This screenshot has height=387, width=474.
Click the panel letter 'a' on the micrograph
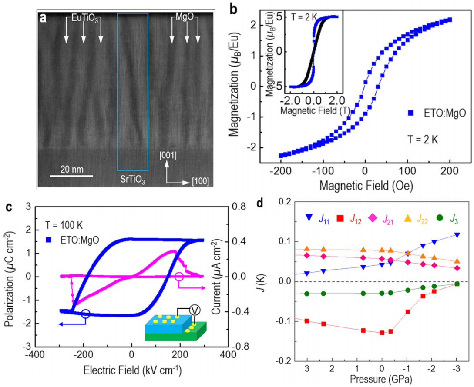pos(43,19)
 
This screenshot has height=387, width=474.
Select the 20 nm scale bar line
pos(71,176)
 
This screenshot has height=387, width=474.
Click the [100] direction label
pos(200,182)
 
